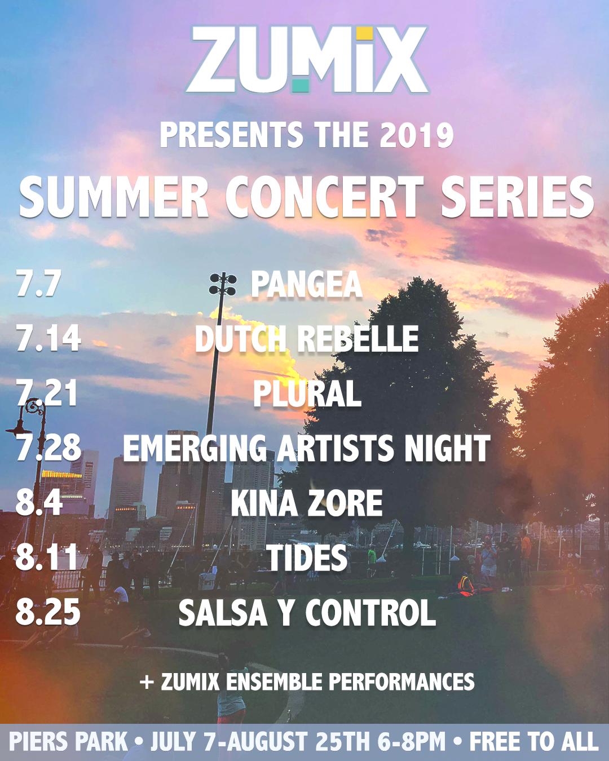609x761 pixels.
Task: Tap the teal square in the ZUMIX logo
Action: tap(301, 85)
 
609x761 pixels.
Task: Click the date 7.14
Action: tap(48, 338)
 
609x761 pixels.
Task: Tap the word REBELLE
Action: tap(358, 339)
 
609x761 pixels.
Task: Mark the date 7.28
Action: tap(48, 448)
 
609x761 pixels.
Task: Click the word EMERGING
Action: tap(195, 448)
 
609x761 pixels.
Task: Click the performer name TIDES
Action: tap(306, 558)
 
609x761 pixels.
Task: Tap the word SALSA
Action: tap(223, 613)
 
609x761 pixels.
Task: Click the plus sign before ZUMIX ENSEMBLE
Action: tap(147, 682)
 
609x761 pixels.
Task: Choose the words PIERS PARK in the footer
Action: tap(68, 741)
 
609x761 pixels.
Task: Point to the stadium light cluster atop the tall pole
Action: tap(222, 284)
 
